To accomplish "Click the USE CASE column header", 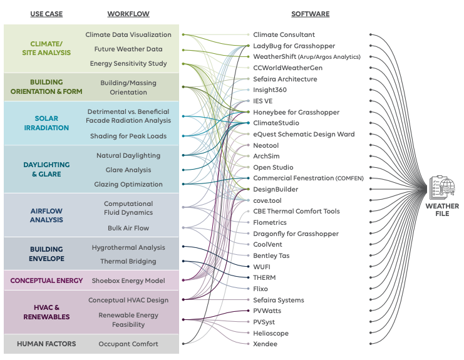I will tap(46, 14).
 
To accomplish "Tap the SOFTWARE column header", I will tap(310, 14).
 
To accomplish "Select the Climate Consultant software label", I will tap(284, 35).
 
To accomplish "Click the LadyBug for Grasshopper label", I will tap(294, 46).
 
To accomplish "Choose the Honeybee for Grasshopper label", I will tap(296, 112).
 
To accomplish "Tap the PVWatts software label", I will tap(267, 311).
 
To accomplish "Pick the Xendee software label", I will tap(265, 344).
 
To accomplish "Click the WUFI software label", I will tap(262, 267).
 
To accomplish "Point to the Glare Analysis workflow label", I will tap(128, 170).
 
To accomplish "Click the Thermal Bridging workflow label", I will tap(128, 262).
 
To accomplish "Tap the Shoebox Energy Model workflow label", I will tap(128, 281).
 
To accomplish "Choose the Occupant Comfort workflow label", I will tap(128, 344).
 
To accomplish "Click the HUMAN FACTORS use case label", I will tap(47, 344).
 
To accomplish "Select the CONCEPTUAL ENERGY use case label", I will tap(46, 281).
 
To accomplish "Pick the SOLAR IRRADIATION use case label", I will tap(47, 123).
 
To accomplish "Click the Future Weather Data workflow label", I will tap(128, 49).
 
